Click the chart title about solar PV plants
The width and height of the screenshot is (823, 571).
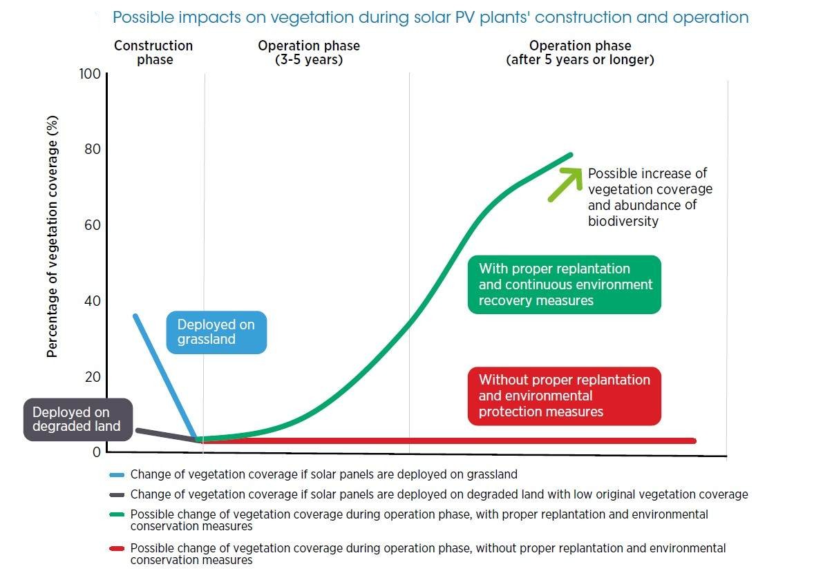click(430, 17)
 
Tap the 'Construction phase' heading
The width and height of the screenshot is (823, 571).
click(153, 52)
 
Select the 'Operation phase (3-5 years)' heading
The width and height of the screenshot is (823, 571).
click(309, 52)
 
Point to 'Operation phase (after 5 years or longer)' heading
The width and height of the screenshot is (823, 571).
click(580, 52)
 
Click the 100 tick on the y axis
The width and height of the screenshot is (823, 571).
click(91, 74)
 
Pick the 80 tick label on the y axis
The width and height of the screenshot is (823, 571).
click(93, 150)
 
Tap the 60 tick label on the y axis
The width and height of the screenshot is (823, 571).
click(93, 225)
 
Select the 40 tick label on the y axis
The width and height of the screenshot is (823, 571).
click(93, 301)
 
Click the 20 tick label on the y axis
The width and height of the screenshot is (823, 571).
click(93, 377)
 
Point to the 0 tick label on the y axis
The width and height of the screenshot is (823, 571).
click(97, 452)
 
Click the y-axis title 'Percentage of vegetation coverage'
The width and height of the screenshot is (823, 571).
click(53, 236)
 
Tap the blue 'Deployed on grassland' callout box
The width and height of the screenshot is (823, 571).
click(216, 332)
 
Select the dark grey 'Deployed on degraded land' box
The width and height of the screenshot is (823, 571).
click(76, 420)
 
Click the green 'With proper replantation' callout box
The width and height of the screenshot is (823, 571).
click(564, 284)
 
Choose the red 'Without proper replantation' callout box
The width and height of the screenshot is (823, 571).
click(564, 396)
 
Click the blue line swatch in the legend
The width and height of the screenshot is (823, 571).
click(117, 475)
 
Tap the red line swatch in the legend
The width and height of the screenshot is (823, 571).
click(117, 549)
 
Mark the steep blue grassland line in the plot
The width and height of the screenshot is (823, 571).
click(166, 377)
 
